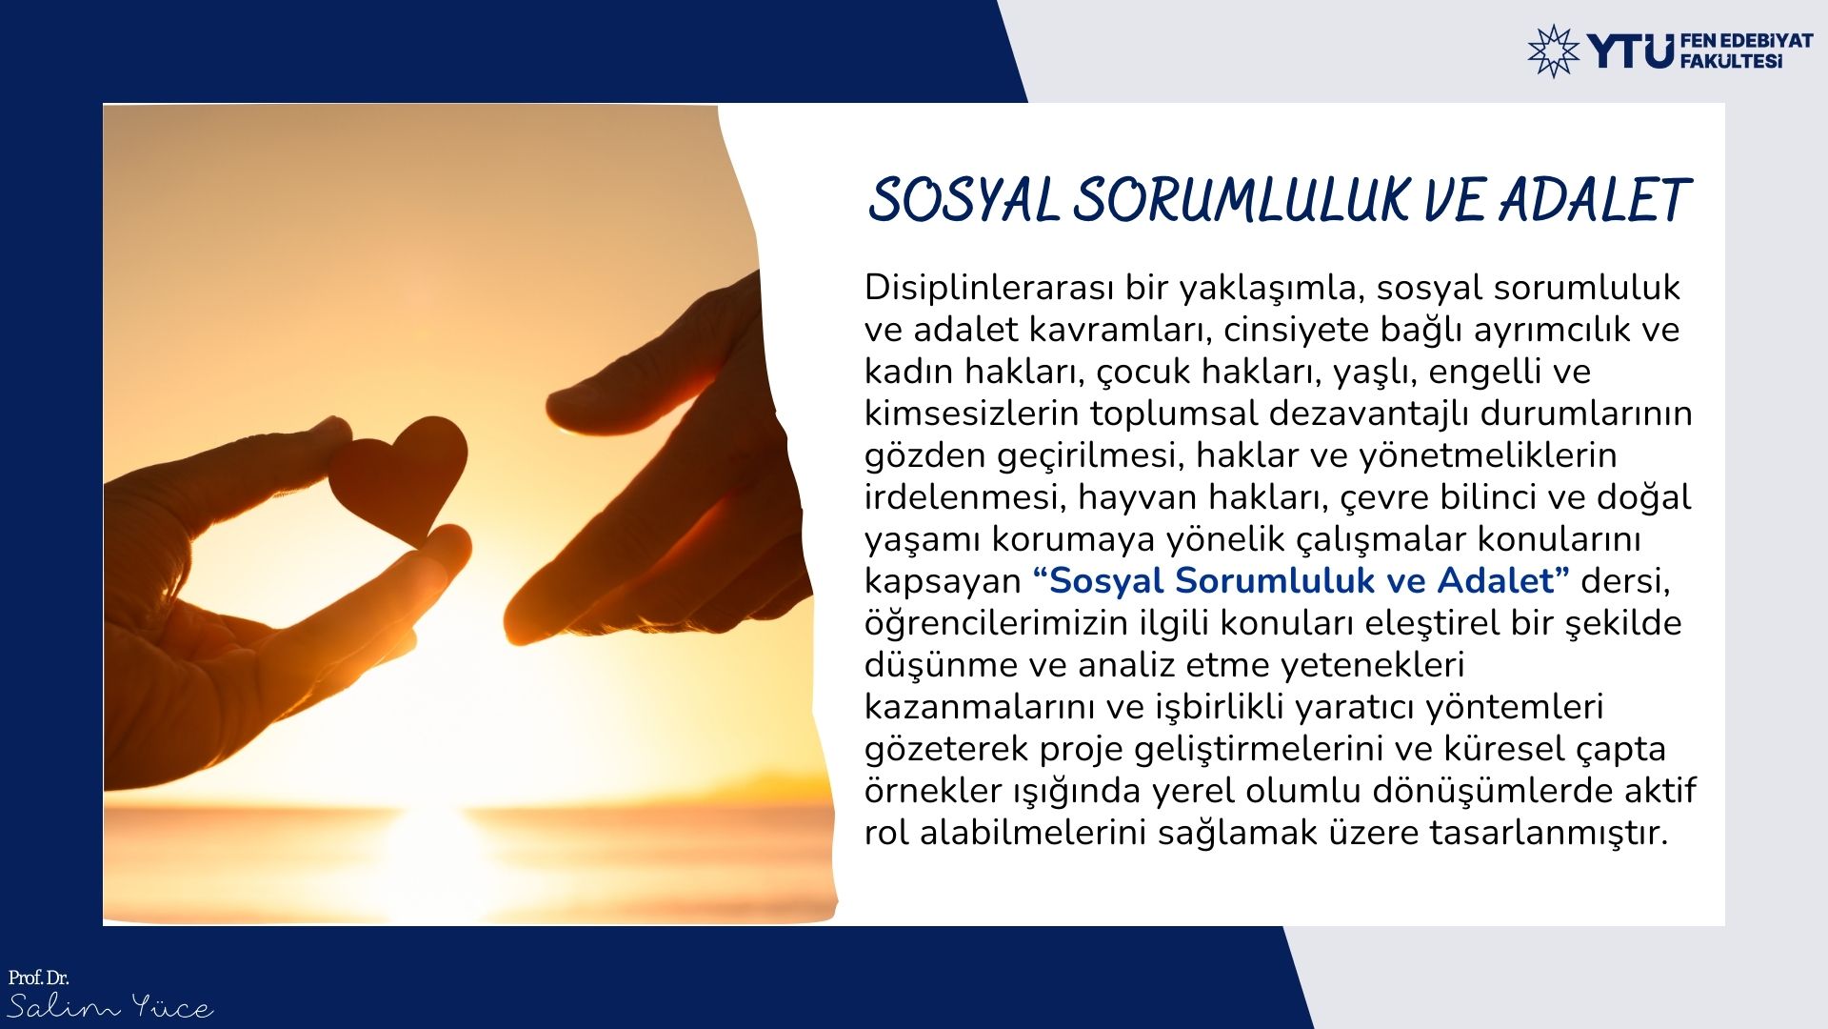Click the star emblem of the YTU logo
pyautogui.click(x=1553, y=50)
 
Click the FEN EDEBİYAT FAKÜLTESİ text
pyautogui.click(x=1747, y=51)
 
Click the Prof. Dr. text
pyautogui.click(x=39, y=978)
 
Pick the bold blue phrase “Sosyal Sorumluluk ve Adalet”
pyautogui.click(x=1301, y=580)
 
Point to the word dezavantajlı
pyautogui.click(x=1368, y=414)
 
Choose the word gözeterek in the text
pyautogui.click(x=946, y=749)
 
